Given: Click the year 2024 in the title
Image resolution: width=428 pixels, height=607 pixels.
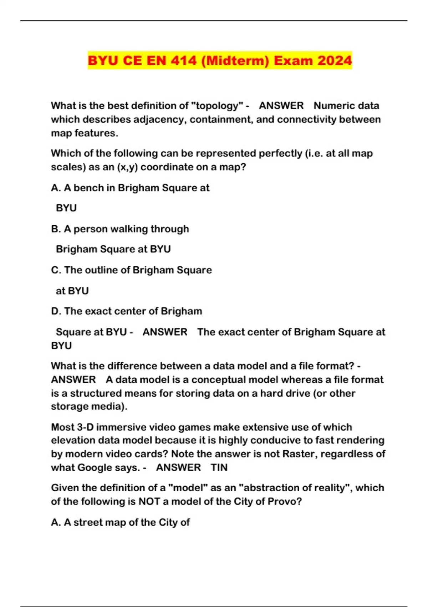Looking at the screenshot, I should (x=335, y=60).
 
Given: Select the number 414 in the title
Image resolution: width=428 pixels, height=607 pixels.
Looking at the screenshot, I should (x=184, y=60).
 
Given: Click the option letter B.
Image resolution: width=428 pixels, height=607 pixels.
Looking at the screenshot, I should (x=56, y=229).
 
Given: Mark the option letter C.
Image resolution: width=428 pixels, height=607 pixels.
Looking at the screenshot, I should (x=56, y=270).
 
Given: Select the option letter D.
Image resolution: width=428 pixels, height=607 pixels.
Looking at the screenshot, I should (x=56, y=311).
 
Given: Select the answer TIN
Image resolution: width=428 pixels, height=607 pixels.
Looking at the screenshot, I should (x=219, y=468).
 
